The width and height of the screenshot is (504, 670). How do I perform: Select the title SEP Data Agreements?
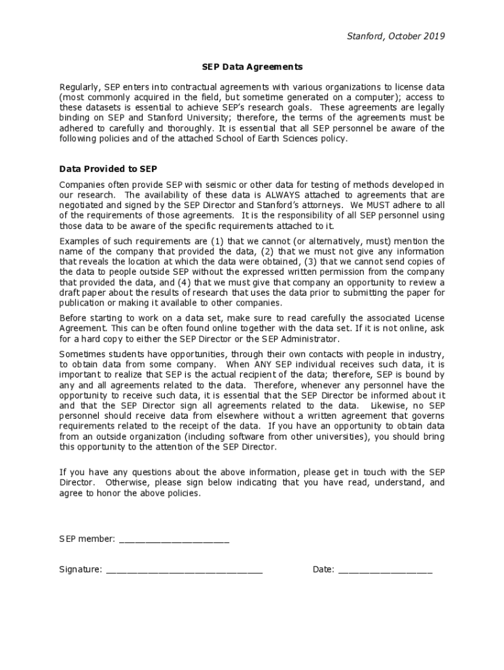(252, 67)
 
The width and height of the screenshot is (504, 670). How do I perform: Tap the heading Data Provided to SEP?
(108, 169)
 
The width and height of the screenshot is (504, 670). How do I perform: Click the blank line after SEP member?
(173, 539)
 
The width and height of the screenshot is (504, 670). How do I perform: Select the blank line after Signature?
(184, 569)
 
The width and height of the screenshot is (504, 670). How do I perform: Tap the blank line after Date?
(386, 569)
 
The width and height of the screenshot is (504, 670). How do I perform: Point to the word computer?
(372, 97)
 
